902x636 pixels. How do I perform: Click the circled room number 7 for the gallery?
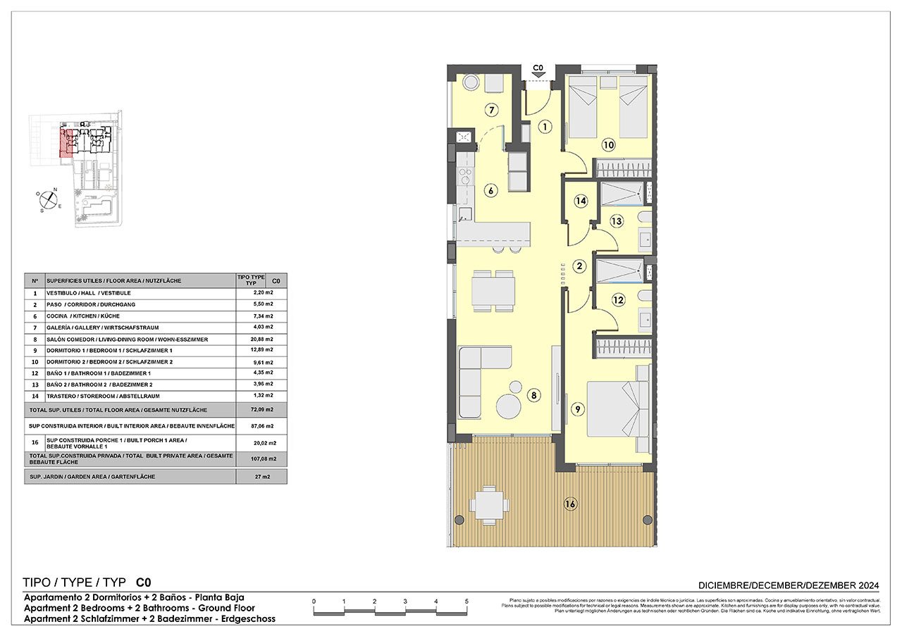492,110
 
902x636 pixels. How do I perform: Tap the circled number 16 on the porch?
570,504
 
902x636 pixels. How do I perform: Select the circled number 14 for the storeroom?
580,201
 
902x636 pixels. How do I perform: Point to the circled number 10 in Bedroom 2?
608,146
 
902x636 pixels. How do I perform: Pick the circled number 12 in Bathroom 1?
618,300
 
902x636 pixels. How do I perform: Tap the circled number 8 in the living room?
534,396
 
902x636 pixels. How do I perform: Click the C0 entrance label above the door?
538,68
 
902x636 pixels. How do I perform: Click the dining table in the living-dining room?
493,289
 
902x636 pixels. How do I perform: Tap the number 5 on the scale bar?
467,601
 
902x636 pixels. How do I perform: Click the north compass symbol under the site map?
47,200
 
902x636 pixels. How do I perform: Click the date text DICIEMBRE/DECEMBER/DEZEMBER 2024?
789,585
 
